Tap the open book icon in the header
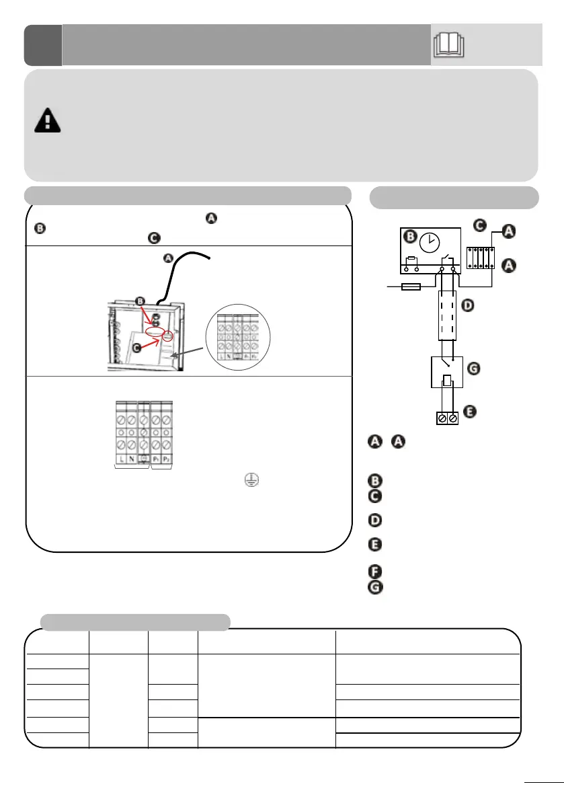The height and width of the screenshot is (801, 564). [x=450, y=45]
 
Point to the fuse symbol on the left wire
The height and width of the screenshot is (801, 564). [x=410, y=287]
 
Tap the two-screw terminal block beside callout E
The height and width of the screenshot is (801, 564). [x=447, y=418]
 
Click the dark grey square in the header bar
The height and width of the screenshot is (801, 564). [x=42, y=45]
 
